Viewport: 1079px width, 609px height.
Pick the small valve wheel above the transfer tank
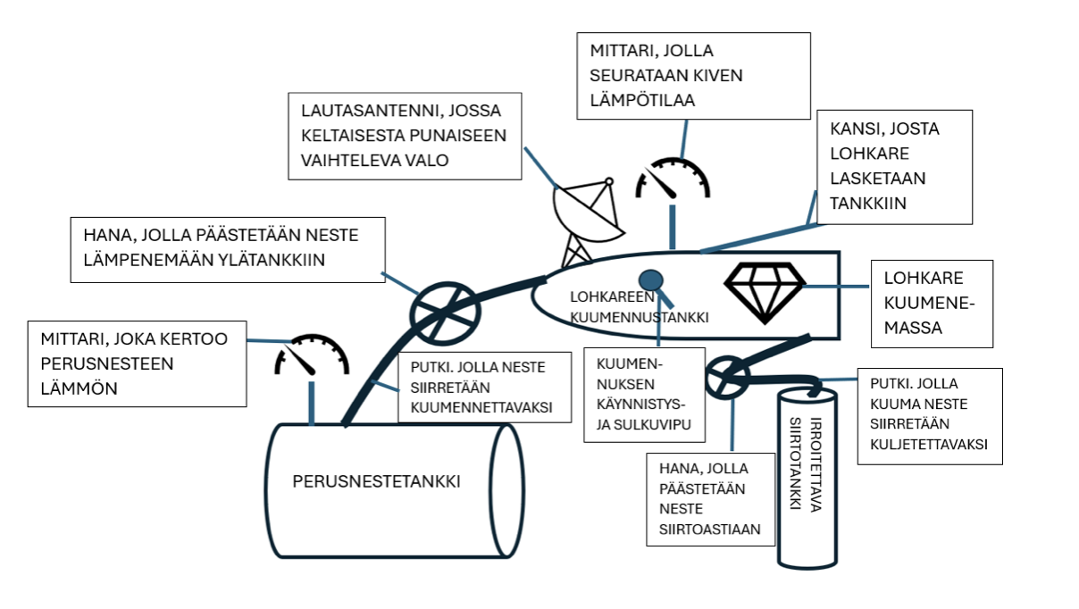[x=727, y=379]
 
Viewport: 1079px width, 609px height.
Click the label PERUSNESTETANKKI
[x=376, y=482]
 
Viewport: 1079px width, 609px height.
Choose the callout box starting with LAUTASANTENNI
[x=405, y=136]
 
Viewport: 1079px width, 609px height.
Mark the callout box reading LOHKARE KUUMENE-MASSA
[x=930, y=304]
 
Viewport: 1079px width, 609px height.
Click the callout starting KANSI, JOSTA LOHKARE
[x=894, y=167]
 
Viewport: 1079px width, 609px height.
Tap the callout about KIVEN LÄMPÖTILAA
[x=693, y=76]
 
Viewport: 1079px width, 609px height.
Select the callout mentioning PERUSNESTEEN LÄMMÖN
[x=137, y=363]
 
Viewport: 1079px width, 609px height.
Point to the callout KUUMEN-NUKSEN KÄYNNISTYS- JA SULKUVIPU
[x=644, y=395]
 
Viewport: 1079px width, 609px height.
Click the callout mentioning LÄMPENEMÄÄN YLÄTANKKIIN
[x=228, y=249]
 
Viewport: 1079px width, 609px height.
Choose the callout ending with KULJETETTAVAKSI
[x=929, y=416]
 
